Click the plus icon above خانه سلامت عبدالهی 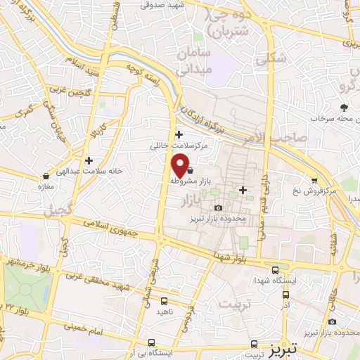click(x=89, y=160)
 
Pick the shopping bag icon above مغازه click(x=46, y=176)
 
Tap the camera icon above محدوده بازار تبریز click(x=218, y=207)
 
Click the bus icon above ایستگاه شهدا click(x=275, y=269)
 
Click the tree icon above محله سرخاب click(x=344, y=108)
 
